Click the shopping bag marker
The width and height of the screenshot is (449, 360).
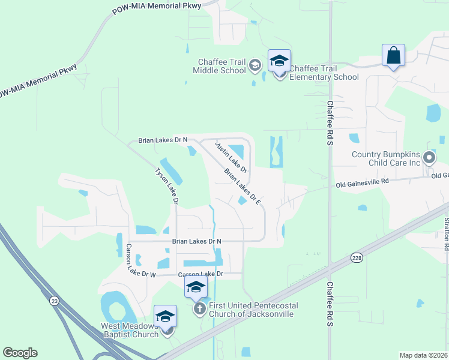[393, 55]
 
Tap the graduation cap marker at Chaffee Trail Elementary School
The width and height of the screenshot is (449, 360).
[279, 61]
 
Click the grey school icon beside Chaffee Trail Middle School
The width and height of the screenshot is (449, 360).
[255, 65]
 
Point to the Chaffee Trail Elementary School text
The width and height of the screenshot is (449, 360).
[324, 73]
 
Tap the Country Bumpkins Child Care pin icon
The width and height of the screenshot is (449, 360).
[429, 158]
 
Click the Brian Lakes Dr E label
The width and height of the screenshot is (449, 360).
[243, 187]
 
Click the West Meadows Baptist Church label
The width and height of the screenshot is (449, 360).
[129, 330]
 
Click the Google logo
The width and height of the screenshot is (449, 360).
[20, 353]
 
